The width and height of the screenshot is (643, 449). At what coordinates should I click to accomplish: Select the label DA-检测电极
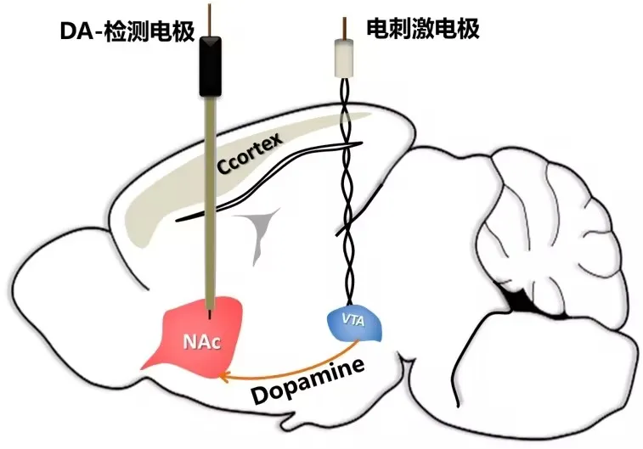point(128,31)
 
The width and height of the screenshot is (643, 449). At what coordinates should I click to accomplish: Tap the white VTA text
point(350,321)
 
